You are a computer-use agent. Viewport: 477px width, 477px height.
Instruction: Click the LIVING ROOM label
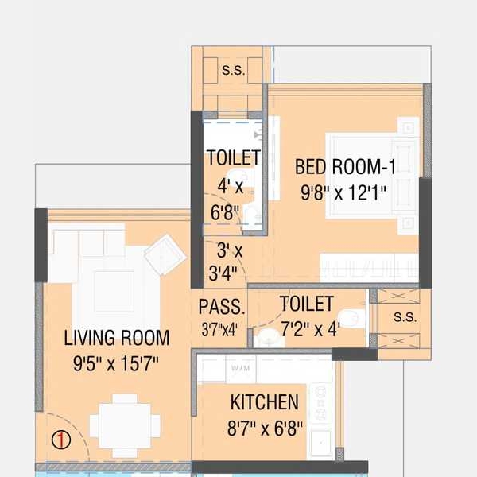pos(117,338)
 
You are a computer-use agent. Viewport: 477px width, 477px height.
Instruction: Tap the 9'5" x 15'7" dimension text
pos(116,363)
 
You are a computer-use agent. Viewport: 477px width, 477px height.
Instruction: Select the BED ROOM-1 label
pos(346,167)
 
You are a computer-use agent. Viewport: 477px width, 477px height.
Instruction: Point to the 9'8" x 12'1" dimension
pos(343,192)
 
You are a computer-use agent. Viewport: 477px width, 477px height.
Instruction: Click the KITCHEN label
pos(265,402)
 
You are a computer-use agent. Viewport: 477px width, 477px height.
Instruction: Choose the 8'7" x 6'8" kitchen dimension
pos(265,429)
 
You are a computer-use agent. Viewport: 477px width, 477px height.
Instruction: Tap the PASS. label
pos(222,307)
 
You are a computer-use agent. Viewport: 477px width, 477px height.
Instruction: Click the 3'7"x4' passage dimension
pos(219,330)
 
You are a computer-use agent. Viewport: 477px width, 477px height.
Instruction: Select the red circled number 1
pos(61,440)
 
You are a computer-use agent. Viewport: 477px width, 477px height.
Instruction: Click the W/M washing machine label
pos(241,368)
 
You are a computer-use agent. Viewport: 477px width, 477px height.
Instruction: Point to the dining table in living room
pos(125,425)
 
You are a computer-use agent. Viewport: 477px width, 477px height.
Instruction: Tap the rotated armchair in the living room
pos(165,254)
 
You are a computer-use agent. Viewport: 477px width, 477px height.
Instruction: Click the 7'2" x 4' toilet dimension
pos(310,329)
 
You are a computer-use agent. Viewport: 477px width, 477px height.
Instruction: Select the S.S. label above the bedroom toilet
pos(233,70)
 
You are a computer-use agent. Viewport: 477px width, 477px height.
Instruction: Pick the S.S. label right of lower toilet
pos(405,317)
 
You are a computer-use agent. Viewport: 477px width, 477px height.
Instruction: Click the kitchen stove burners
pos(320,403)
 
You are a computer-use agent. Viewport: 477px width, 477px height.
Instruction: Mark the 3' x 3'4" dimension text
pos(227,262)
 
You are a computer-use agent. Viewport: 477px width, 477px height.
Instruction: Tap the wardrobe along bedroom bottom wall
pos(370,267)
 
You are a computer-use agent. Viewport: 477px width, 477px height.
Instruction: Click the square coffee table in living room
pos(114,292)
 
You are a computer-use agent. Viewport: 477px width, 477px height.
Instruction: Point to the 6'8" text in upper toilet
pos(225,212)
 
